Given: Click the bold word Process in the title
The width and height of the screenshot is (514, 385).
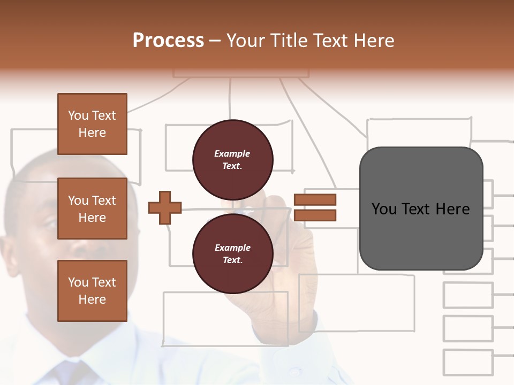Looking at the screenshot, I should (x=168, y=41).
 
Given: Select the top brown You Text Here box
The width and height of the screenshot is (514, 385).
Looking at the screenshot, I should (x=92, y=124).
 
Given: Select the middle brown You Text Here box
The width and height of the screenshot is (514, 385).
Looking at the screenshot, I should (x=92, y=209).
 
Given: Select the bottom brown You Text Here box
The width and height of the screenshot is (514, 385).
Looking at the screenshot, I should (x=92, y=290).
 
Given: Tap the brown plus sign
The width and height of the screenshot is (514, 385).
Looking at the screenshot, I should (x=165, y=207).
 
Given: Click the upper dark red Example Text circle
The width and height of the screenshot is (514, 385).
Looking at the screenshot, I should (x=232, y=160).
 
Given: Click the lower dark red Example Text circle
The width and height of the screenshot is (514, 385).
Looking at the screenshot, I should (x=232, y=253).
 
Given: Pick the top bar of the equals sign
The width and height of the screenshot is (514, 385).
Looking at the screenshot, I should (x=315, y=200).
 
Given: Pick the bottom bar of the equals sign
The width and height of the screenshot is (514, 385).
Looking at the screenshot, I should (x=315, y=215).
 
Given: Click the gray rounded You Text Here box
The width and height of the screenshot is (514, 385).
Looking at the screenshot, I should (x=421, y=209).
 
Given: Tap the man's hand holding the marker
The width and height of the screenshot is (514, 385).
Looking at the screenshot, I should (x=284, y=241).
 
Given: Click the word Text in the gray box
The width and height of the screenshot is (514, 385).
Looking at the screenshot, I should (x=417, y=209).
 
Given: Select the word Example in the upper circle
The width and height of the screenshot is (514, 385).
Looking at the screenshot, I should (x=232, y=153).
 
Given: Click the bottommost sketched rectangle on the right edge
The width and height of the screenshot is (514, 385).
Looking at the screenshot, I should (x=467, y=362).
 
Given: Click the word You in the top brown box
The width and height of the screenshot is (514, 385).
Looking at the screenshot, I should (x=78, y=115).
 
